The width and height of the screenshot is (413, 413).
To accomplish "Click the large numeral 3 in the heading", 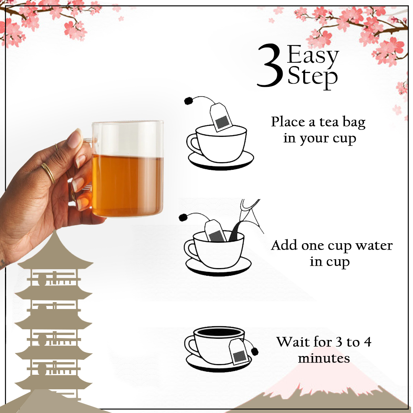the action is tap(270, 65).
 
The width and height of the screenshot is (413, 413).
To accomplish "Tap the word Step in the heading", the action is tap(312, 77).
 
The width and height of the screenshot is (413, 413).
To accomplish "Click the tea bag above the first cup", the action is tap(221, 117).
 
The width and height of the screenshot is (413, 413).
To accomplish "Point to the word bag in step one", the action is tap(354, 123).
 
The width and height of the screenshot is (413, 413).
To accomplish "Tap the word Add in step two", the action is tap(284, 245).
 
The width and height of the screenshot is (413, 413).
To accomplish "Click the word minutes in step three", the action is tap(324, 358).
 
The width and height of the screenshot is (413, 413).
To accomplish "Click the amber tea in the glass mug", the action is tap(127, 186).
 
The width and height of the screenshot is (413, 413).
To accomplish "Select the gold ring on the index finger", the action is tap(48, 173).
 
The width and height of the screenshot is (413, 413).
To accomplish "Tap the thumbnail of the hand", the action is tap(75, 139).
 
